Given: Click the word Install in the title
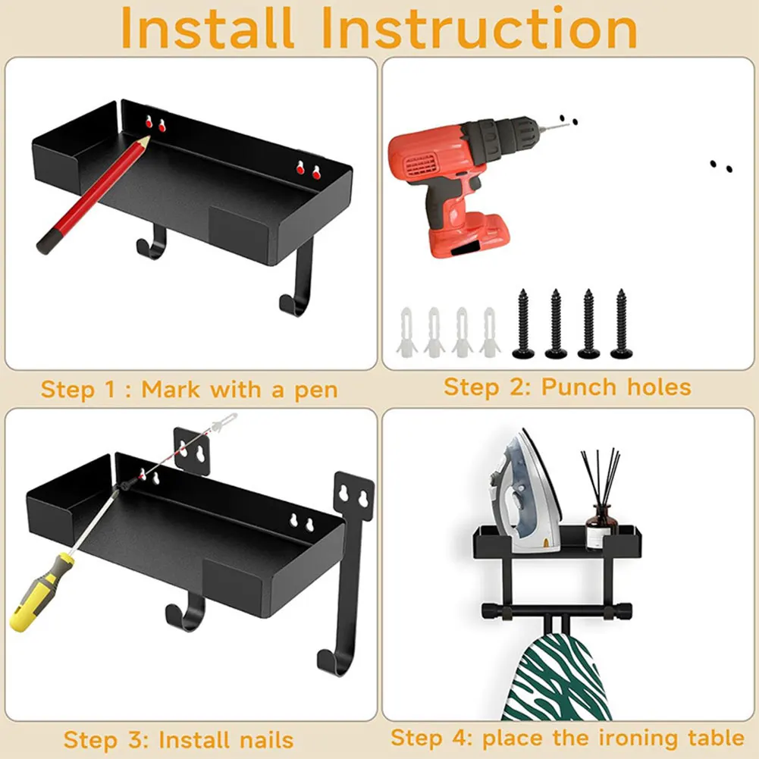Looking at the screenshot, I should pyautogui.click(x=207, y=29).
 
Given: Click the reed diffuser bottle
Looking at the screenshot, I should pyautogui.click(x=599, y=523).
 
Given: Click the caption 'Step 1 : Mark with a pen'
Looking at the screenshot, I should pyautogui.click(x=189, y=390).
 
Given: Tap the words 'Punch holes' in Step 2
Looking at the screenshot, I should pyautogui.click(x=616, y=387).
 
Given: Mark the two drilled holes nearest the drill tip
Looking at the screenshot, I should pyautogui.click(x=567, y=119).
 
